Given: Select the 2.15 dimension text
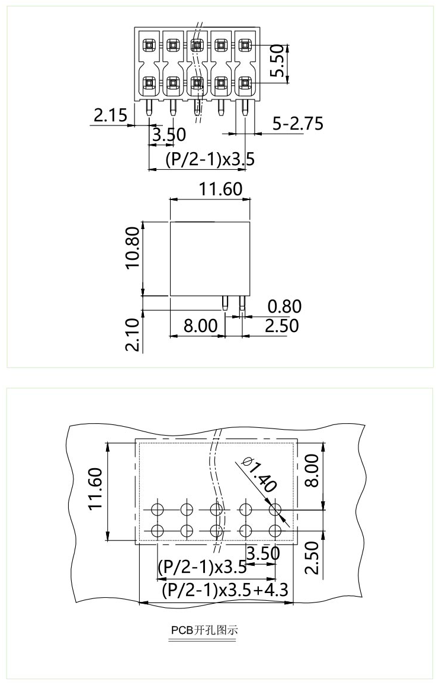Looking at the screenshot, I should [110, 115].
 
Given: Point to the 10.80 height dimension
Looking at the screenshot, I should [133, 247].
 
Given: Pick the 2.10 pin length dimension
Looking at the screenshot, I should [133, 334].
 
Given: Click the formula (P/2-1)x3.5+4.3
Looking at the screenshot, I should [225, 591].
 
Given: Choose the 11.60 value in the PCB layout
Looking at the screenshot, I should [96, 489].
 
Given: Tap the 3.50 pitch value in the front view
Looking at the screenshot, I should [168, 135].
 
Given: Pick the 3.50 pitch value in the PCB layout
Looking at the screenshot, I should [262, 554].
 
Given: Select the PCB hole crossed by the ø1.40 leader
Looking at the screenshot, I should [275, 509].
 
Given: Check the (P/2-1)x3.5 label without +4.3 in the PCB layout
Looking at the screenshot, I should [202, 567].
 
